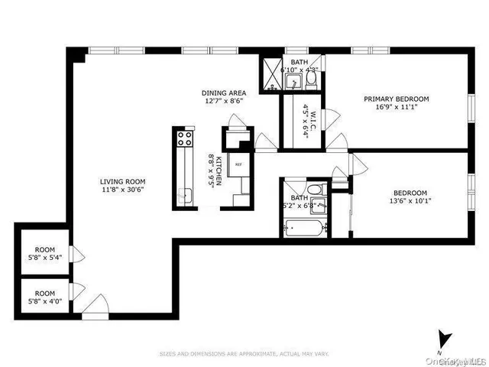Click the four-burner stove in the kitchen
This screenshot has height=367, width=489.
[184, 139]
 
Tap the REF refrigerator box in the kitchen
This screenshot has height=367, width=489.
[238, 164]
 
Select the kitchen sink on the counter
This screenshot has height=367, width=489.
[184, 194]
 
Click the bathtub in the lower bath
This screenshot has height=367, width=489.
[301, 226]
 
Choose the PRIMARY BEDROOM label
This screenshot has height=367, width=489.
[396, 99]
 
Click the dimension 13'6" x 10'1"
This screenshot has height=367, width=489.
[410, 202]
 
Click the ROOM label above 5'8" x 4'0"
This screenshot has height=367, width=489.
[45, 293]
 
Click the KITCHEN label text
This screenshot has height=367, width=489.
[219, 168]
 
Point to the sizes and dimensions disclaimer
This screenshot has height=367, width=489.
[244, 353]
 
